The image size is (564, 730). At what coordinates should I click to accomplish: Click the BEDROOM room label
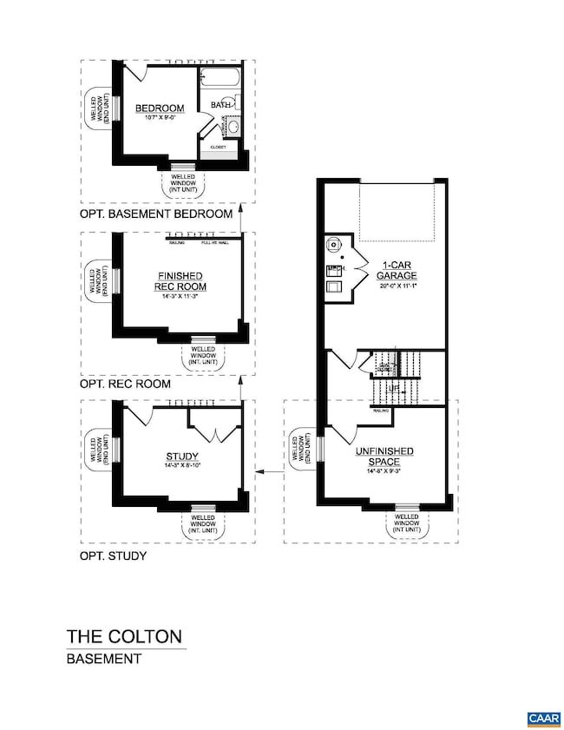[x=160, y=109]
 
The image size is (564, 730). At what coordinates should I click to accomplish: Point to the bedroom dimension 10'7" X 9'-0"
[x=160, y=119]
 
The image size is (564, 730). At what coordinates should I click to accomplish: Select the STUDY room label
[x=180, y=457]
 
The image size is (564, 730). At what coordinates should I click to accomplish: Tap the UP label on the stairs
[x=394, y=390]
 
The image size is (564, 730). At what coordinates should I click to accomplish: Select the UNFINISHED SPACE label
[x=383, y=457]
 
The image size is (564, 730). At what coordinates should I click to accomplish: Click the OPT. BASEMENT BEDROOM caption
[x=156, y=214]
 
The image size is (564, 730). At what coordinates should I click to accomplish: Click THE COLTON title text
[x=125, y=636]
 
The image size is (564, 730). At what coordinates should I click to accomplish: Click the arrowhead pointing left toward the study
[x=261, y=473]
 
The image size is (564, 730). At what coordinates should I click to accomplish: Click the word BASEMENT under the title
[x=104, y=659]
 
